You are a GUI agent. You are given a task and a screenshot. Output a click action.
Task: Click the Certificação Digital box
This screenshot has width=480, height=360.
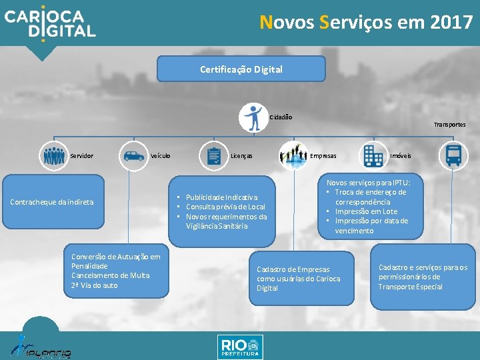[x=241, y=69]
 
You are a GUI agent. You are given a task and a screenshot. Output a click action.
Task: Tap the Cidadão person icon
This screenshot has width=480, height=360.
[x=253, y=117]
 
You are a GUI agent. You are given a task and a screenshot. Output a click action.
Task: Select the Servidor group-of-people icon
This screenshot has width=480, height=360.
[x=53, y=156]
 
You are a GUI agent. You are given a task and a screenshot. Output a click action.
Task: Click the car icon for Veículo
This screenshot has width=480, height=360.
[x=134, y=156]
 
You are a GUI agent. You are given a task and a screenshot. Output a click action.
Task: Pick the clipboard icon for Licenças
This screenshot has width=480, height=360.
[x=215, y=156]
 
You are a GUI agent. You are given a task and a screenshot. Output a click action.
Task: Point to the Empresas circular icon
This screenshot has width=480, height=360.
[x=293, y=156]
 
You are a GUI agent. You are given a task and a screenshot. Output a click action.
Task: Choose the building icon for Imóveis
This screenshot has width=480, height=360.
[x=372, y=156]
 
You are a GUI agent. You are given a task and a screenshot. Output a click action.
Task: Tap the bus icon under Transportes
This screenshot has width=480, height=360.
[x=453, y=156]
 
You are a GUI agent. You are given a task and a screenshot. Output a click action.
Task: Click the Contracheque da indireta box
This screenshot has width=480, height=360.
[x=53, y=202]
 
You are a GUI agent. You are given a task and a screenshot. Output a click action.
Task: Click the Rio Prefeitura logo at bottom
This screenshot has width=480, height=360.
[x=240, y=347]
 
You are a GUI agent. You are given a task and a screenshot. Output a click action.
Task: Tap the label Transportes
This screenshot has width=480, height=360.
[x=450, y=125]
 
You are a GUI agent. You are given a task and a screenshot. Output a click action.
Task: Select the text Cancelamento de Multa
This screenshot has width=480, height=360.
[x=111, y=275]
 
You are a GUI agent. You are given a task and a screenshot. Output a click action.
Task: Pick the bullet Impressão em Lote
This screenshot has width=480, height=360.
[x=366, y=211]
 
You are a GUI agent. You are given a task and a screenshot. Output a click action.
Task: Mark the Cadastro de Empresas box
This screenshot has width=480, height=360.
[x=299, y=278]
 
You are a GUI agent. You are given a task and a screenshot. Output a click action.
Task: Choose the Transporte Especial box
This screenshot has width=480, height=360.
[x=423, y=277]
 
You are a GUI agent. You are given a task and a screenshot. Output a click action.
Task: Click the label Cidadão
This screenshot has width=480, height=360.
[x=281, y=117]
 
